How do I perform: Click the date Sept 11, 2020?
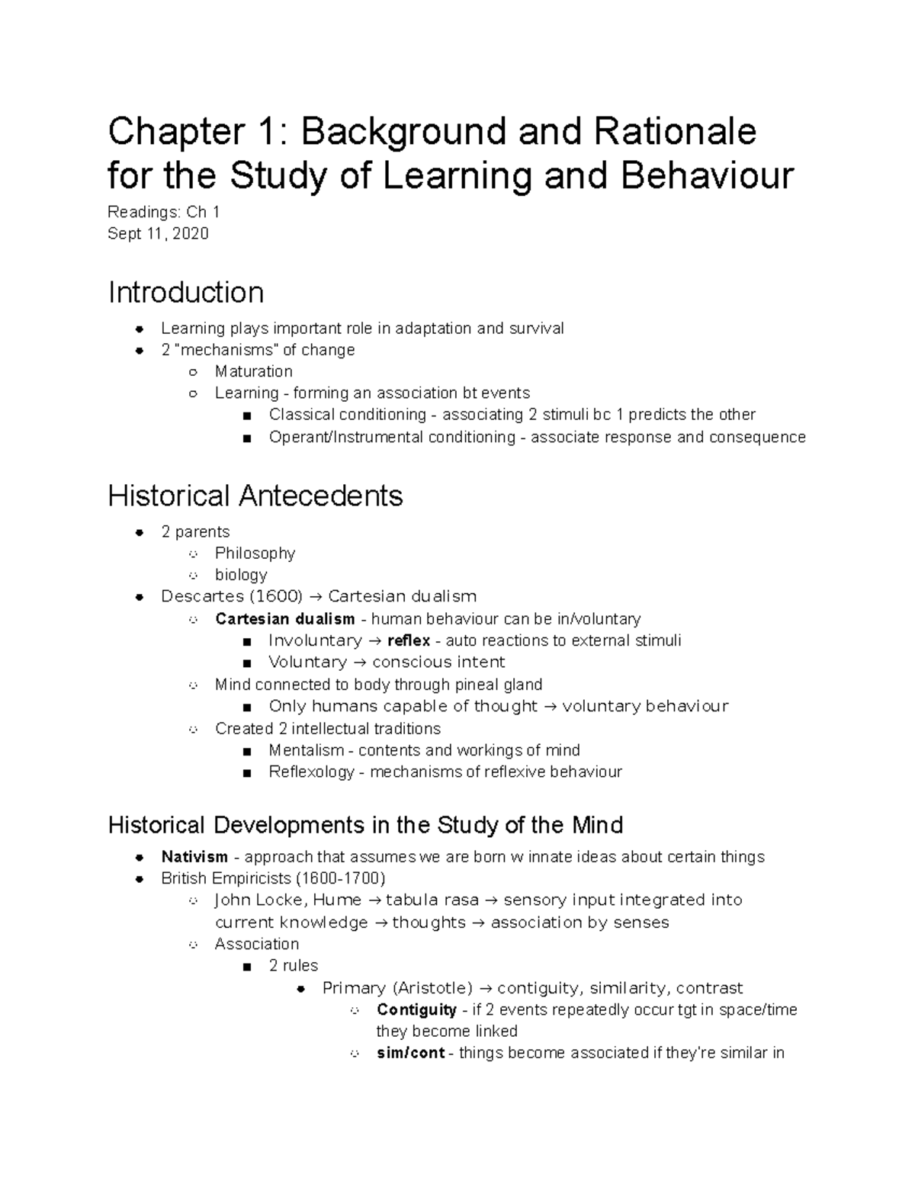pyautogui.click(x=158, y=234)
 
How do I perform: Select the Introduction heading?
pyautogui.click(x=186, y=293)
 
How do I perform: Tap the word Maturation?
pyautogui.click(x=253, y=371)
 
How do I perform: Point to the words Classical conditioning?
pyautogui.click(x=347, y=415)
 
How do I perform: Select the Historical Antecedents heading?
pyautogui.click(x=255, y=496)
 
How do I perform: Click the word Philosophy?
pyautogui.click(x=255, y=553)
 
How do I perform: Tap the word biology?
pyautogui.click(x=241, y=575)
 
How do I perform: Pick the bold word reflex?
pyautogui.click(x=409, y=640)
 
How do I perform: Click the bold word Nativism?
pyautogui.click(x=194, y=857)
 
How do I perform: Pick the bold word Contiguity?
pyautogui.click(x=416, y=1010)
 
